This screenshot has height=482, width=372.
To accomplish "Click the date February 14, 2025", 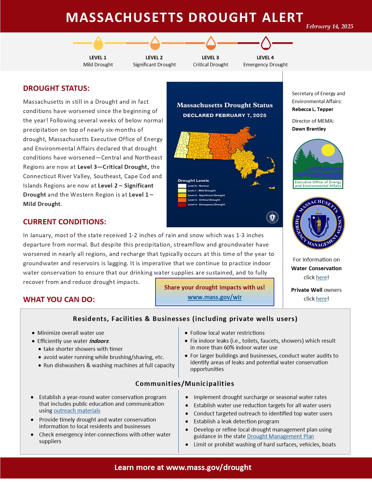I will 329,27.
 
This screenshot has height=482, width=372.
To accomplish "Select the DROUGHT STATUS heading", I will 56,89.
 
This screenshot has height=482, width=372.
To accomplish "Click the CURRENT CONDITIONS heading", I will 64,222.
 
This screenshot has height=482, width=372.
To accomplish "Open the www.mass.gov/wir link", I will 215,297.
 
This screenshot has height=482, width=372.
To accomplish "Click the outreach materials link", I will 77,411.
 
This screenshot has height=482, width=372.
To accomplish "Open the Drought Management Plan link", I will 280,436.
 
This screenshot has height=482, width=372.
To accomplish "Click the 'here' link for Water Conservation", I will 322,278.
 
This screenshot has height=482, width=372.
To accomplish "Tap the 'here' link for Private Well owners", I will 322,299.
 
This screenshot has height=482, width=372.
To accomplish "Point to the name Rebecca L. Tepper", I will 312,109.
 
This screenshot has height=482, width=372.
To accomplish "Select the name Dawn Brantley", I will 309,129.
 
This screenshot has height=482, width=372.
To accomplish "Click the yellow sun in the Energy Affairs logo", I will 328,150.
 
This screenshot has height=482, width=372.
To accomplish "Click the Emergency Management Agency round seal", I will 318,223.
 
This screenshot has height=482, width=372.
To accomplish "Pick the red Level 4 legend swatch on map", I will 182,205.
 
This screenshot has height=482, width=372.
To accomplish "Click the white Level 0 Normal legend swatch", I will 182,186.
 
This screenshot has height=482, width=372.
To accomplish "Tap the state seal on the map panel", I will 272,217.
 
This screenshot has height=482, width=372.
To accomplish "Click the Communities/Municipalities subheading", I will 185,384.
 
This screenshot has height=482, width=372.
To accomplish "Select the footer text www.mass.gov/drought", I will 209,468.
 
